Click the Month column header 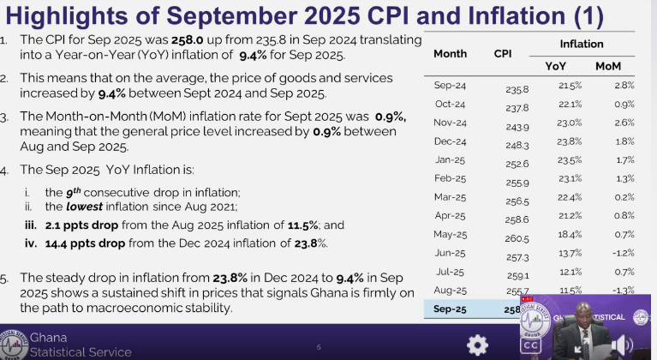pos(450,53)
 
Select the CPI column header pos(503,53)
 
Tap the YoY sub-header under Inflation pos(555,66)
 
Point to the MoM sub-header pos(608,66)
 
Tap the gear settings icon pos(477,344)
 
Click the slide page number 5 pos(319,347)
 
